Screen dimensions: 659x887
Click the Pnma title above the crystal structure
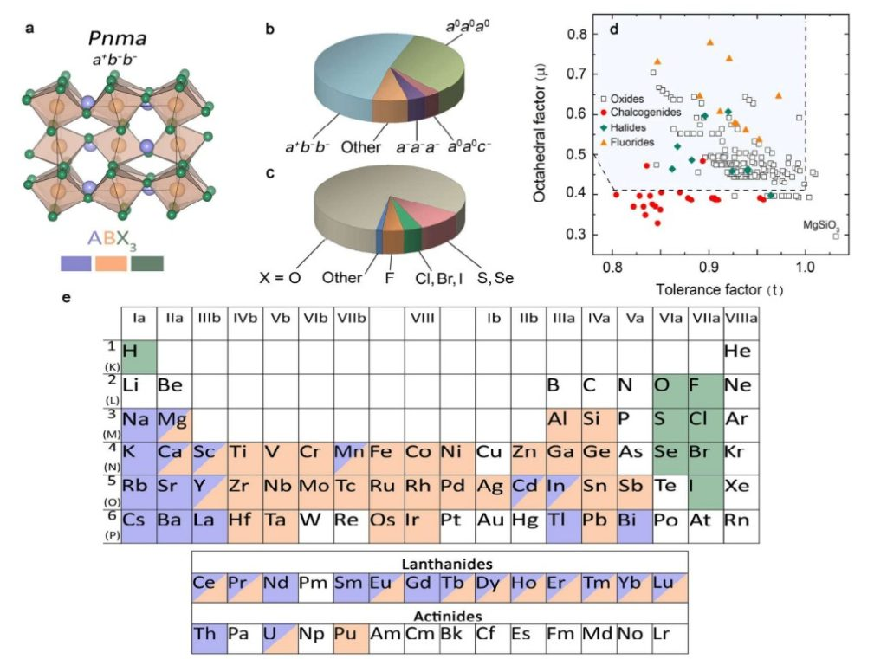[120, 38]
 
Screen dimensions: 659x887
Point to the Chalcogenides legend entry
[645, 113]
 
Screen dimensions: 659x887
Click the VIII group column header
[421, 320]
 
